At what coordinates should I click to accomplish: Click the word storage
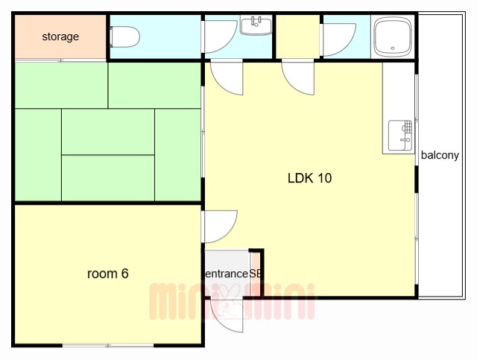pyautogui.click(x=60, y=37)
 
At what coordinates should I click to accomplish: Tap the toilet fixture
pyautogui.click(x=124, y=37)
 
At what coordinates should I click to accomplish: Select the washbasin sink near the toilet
pyautogui.click(x=256, y=25)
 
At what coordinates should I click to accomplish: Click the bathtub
pyautogui.click(x=393, y=37)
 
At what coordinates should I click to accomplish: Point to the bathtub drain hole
pyautogui.click(x=393, y=48)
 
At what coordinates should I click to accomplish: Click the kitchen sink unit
pyautogui.click(x=400, y=136)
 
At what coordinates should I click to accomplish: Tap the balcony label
pyautogui.click(x=440, y=155)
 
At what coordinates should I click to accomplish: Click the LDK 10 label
pyautogui.click(x=310, y=178)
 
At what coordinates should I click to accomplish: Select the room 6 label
pyautogui.click(x=107, y=274)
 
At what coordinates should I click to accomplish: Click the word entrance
pyautogui.click(x=227, y=274)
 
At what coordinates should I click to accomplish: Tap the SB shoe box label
pyautogui.click(x=255, y=274)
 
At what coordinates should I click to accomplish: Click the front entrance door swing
pyautogui.click(x=227, y=315)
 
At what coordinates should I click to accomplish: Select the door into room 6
pyautogui.click(x=220, y=227)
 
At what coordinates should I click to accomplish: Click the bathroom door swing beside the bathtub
pyautogui.click(x=338, y=40)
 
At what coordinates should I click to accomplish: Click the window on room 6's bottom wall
pyautogui.click(x=108, y=345)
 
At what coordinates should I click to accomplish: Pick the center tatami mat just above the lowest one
pyautogui.click(x=107, y=132)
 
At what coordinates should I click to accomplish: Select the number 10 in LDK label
pyautogui.click(x=324, y=178)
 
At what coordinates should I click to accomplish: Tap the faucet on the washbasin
pyautogui.click(x=256, y=22)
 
